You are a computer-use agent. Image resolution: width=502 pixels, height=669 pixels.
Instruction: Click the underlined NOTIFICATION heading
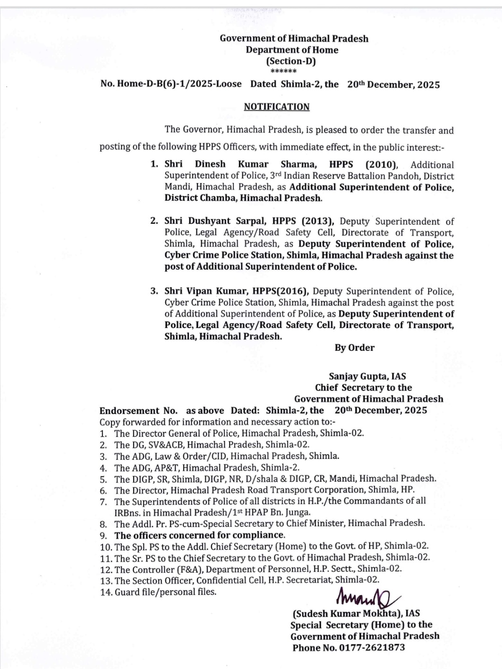[276, 107]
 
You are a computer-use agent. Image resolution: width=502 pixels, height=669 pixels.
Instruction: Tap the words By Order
[354, 347]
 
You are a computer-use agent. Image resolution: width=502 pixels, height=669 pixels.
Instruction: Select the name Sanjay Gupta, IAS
[367, 376]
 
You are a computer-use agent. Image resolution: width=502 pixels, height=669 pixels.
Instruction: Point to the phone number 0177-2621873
[372, 647]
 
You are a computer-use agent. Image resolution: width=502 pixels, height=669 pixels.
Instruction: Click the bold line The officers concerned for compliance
[199, 535]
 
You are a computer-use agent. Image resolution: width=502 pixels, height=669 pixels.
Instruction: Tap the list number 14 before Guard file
[106, 592]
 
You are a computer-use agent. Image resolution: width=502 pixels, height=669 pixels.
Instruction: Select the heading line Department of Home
[292, 50]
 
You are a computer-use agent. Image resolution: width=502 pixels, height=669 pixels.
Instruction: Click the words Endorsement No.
[138, 410]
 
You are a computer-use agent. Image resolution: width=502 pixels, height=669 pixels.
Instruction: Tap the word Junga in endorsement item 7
[298, 512]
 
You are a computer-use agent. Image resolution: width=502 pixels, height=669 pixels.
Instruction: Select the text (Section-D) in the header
[291, 61]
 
